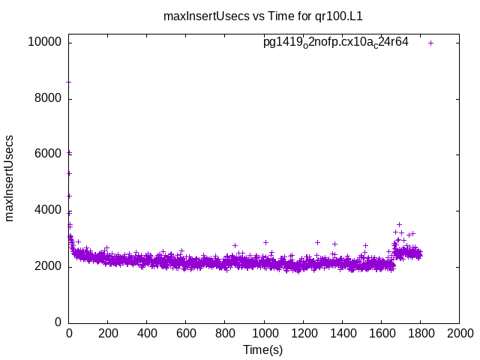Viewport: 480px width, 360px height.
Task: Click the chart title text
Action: click(x=268, y=15)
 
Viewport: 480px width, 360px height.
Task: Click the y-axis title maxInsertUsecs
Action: click(x=10, y=178)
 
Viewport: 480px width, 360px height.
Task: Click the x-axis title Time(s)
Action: click(x=263, y=349)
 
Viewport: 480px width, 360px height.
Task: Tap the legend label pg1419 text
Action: click(x=335, y=42)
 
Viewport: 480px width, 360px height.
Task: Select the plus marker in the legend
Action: click(x=430, y=43)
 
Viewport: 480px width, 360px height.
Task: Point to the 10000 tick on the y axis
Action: click(x=44, y=43)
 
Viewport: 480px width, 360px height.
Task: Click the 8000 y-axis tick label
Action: click(x=47, y=99)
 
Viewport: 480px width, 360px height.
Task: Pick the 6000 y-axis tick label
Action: click(x=47, y=154)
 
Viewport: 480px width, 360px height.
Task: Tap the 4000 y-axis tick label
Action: click(x=47, y=211)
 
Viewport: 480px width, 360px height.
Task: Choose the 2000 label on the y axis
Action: click(x=47, y=267)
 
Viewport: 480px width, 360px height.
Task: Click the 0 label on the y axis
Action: click(x=58, y=322)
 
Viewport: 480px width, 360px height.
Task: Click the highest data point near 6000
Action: click(x=69, y=152)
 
